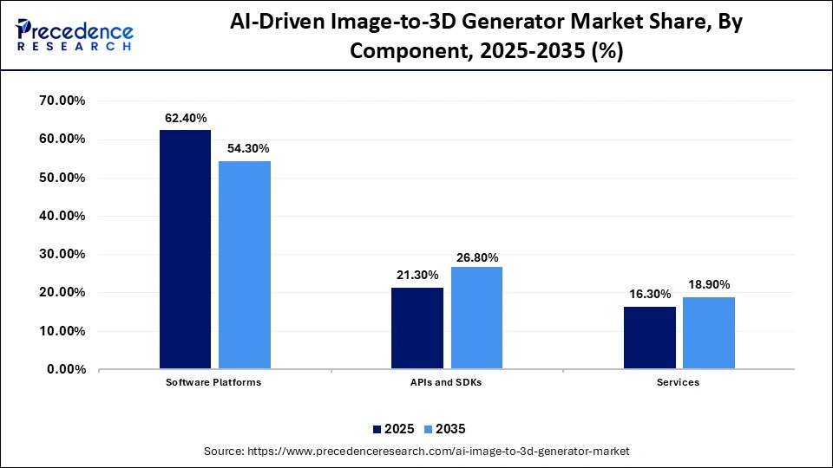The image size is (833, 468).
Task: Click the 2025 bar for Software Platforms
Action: pos(185,250)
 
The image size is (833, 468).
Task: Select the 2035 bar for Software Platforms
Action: pos(245,265)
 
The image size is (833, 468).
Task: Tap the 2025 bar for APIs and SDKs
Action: pos(417,328)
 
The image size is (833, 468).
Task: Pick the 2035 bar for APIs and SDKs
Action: pos(476,318)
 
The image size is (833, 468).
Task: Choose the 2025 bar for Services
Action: pos(650,338)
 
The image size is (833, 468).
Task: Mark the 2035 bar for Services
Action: pos(709,333)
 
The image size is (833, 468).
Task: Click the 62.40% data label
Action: pos(185,118)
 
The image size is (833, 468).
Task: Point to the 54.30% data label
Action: pos(246,149)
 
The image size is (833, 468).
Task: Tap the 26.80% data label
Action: pos(476,257)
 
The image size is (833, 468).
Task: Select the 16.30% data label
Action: pos(650,295)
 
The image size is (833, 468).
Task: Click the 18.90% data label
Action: pos(709,284)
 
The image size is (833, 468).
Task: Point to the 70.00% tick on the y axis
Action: pos(62,101)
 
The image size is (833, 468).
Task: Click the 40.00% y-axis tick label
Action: pos(62,216)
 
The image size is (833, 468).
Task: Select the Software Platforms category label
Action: pos(214,382)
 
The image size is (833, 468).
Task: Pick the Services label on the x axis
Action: pos(679,382)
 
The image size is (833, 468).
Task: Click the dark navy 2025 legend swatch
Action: pos(377,429)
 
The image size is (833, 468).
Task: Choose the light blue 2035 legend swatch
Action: pos(427,429)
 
